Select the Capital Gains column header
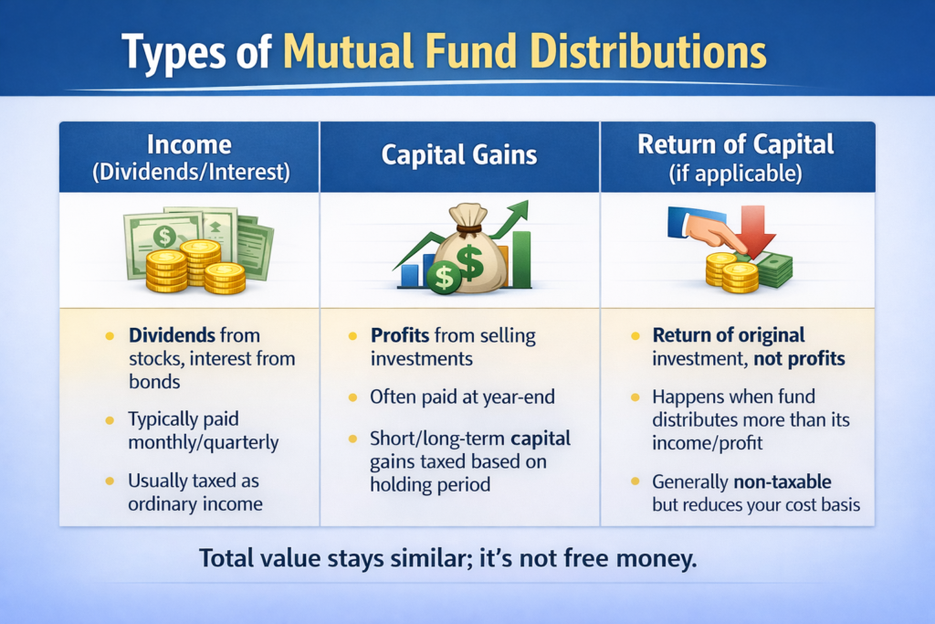coord(459,155)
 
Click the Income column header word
coord(189,143)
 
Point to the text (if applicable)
coord(737,172)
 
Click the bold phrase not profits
coord(799,358)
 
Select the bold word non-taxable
coord(786,481)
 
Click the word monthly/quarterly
coord(203,442)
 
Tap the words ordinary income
coord(194,503)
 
